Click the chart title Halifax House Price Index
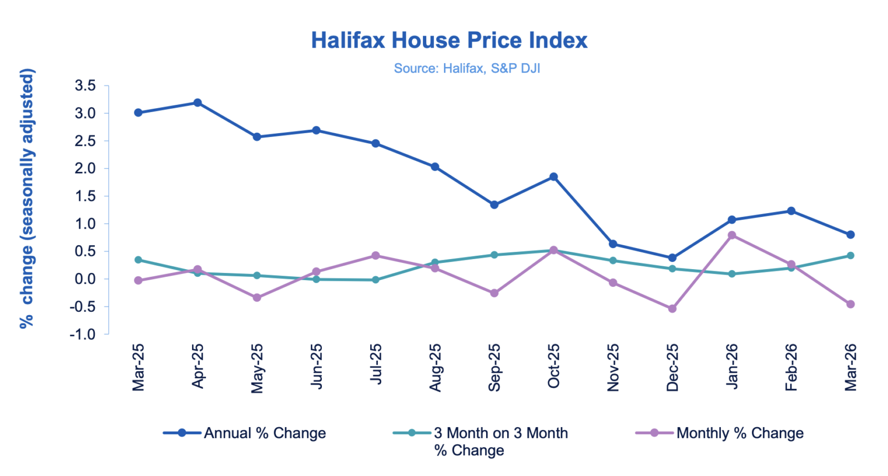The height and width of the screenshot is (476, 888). [449, 40]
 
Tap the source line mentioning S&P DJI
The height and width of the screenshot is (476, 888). [467, 68]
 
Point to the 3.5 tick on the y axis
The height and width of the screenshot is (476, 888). [85, 85]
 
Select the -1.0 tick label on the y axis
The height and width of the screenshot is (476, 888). [82, 335]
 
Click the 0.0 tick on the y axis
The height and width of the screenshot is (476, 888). [85, 279]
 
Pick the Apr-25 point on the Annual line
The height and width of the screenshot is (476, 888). [198, 103]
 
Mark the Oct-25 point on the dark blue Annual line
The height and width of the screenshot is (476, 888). [553, 177]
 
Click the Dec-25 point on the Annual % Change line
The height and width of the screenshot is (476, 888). [672, 258]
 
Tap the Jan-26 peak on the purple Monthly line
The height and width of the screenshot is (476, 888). [731, 235]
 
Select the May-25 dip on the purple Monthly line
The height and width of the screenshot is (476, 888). [257, 298]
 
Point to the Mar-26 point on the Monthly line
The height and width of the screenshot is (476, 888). [850, 304]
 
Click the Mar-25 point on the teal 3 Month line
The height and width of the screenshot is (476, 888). [138, 260]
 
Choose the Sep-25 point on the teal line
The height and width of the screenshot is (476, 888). [494, 255]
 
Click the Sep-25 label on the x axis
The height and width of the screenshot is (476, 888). [494, 367]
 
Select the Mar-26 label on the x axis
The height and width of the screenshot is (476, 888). [850, 367]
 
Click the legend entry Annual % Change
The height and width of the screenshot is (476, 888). [265, 433]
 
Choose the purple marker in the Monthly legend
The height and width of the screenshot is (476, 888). [654, 433]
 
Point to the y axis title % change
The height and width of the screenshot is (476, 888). [27, 198]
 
